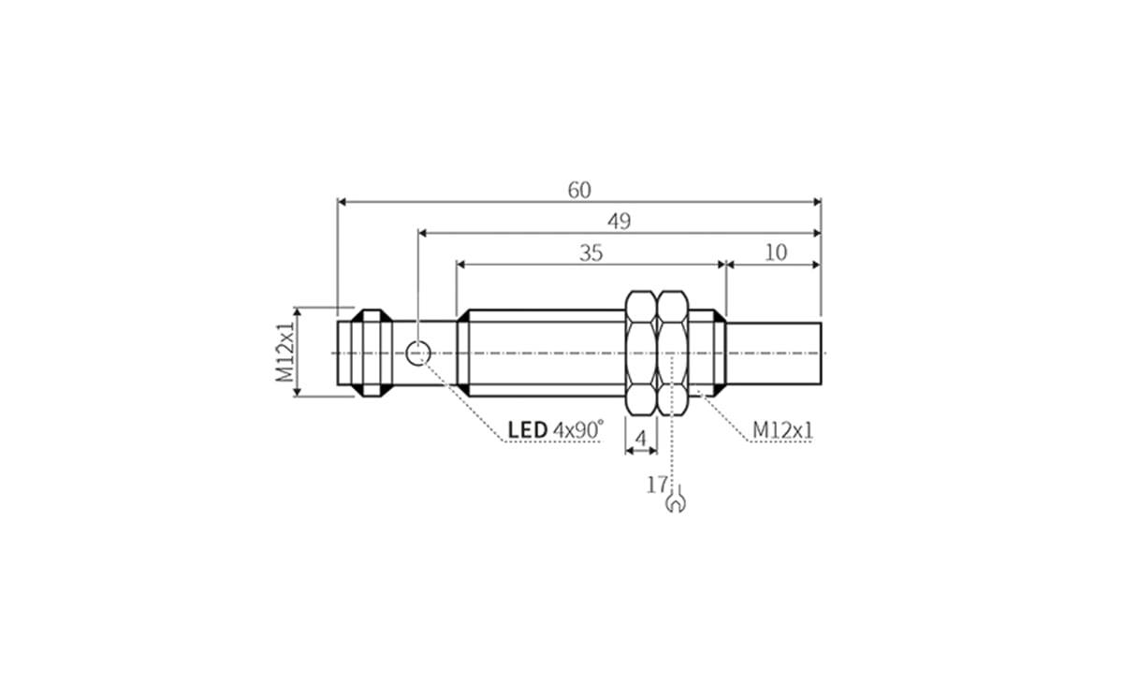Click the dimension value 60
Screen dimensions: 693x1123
(x=579, y=190)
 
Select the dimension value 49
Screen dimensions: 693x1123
(x=619, y=222)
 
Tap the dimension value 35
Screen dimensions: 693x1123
(x=591, y=253)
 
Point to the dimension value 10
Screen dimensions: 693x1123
(x=776, y=253)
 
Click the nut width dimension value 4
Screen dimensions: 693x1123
(x=641, y=438)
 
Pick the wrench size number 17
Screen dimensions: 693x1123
(x=657, y=484)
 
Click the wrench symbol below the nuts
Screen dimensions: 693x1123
(x=676, y=503)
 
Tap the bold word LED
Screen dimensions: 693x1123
(x=527, y=430)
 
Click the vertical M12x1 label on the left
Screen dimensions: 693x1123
(x=284, y=352)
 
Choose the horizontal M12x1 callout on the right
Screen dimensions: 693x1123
(x=783, y=430)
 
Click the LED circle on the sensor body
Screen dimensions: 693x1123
(x=418, y=353)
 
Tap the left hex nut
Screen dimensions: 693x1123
(x=641, y=353)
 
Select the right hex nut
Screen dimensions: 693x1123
(x=673, y=353)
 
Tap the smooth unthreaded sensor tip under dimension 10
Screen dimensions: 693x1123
(x=774, y=353)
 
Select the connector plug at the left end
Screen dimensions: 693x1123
(x=360, y=353)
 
